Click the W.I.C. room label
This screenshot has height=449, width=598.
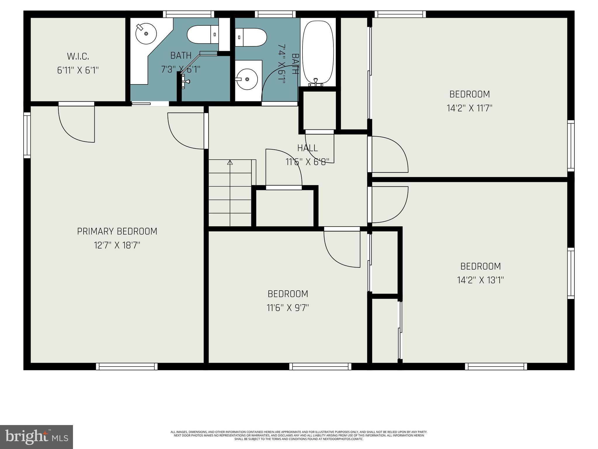click(x=78, y=56)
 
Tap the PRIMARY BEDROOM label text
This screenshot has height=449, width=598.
click(x=117, y=231)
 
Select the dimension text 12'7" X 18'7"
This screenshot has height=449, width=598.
click(x=117, y=245)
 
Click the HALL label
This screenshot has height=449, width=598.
click(x=307, y=148)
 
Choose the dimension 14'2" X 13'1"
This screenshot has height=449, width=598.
click(x=480, y=280)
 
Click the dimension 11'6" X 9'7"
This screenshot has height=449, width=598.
click(x=288, y=308)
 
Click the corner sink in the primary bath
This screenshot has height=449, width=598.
click(x=146, y=34)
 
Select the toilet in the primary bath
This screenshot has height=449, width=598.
click(x=203, y=34)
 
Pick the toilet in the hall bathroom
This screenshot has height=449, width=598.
click(x=251, y=37)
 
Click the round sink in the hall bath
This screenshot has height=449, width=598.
click(x=247, y=79)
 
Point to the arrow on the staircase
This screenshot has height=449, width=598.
click(x=230, y=162)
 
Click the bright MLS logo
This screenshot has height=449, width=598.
click(x=36, y=437)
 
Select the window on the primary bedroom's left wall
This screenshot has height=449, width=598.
click(x=27, y=135)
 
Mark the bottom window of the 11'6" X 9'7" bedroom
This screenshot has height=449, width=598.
click(x=320, y=366)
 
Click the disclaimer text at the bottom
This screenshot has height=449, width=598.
click(x=299, y=435)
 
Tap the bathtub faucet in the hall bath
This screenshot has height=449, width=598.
click(x=316, y=82)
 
